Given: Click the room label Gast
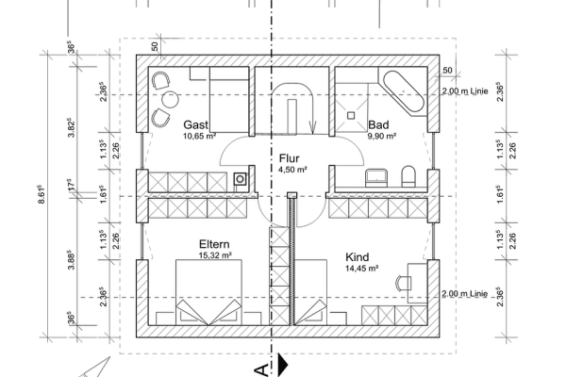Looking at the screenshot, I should [x=195, y=124].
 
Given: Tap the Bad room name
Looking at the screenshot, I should [x=379, y=124].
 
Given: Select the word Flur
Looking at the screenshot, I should [x=290, y=158].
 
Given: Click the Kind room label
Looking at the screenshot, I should [x=358, y=256].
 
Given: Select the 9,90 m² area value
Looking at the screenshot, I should [x=380, y=137].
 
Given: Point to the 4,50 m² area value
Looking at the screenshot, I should [x=292, y=171].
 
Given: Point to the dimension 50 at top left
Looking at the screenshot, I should [x=155, y=45].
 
